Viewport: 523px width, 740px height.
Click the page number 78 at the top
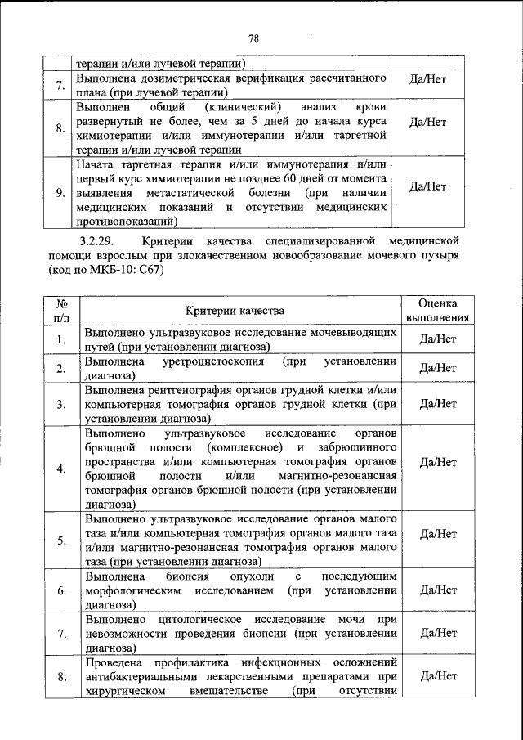tap(253, 38)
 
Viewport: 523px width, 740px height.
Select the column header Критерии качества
tap(235, 311)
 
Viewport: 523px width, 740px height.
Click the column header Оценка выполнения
tap(437, 311)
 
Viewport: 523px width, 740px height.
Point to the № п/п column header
tap(61, 311)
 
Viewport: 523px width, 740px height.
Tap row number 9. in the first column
tap(61, 193)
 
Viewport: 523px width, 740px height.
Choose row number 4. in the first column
tap(61, 468)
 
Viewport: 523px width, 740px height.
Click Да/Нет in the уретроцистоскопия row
tap(437, 368)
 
